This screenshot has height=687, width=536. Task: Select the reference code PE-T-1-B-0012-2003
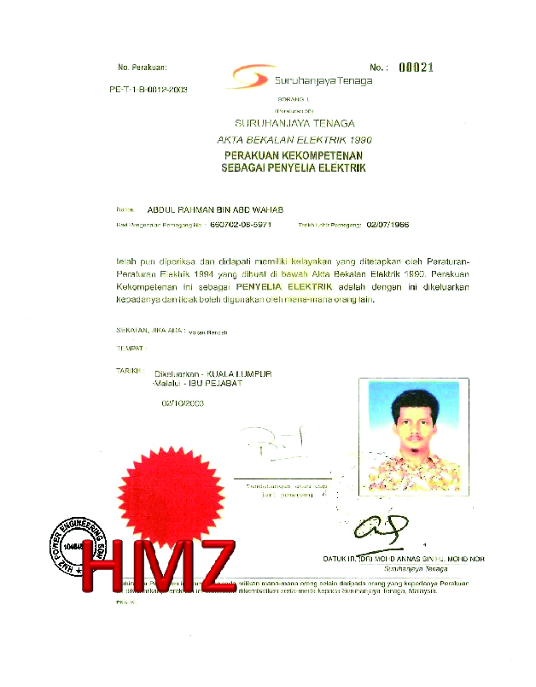click(149, 89)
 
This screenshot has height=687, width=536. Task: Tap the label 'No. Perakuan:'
click(143, 67)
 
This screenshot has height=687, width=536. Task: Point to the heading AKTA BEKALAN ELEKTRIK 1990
click(294, 138)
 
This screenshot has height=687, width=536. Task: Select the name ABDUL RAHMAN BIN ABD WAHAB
click(216, 208)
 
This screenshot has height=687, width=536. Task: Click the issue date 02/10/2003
click(183, 403)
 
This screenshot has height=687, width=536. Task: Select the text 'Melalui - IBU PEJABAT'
click(196, 383)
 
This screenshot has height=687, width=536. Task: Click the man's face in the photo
click(414, 419)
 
